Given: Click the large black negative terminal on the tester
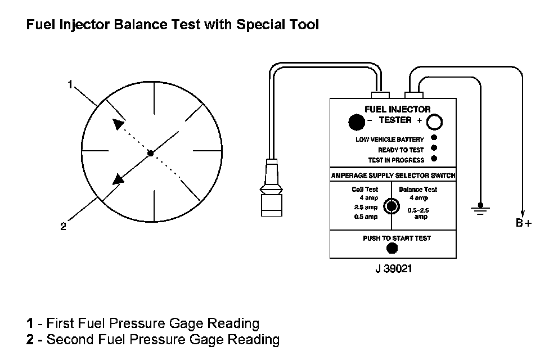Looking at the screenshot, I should click(x=357, y=121).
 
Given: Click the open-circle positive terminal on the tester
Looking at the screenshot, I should click(x=434, y=121).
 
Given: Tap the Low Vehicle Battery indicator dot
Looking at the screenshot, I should click(x=434, y=138).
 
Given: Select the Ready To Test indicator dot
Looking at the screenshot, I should click(x=434, y=149).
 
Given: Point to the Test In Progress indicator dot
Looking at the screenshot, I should click(x=434, y=160).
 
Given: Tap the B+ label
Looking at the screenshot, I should click(x=524, y=223).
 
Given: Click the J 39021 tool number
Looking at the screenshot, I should click(x=394, y=269).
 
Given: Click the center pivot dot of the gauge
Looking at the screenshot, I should click(x=150, y=153).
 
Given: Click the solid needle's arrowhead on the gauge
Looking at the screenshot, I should click(x=118, y=179).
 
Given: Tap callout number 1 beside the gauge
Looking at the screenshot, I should click(x=70, y=84).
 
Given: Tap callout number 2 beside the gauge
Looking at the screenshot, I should click(x=64, y=227).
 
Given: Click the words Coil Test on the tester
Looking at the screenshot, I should click(x=365, y=190).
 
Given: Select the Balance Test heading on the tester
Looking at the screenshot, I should click(x=418, y=190).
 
